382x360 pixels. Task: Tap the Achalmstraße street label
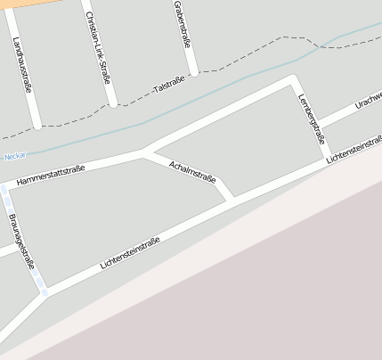[191, 170]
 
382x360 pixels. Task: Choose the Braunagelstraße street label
[20, 241]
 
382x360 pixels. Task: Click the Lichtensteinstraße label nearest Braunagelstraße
[130, 253]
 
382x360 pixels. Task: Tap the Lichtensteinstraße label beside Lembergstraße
[354, 148]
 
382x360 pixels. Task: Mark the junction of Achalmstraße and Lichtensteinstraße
[232, 198]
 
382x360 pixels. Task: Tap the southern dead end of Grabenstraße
[192, 71]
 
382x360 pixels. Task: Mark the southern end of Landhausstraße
[36, 124]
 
